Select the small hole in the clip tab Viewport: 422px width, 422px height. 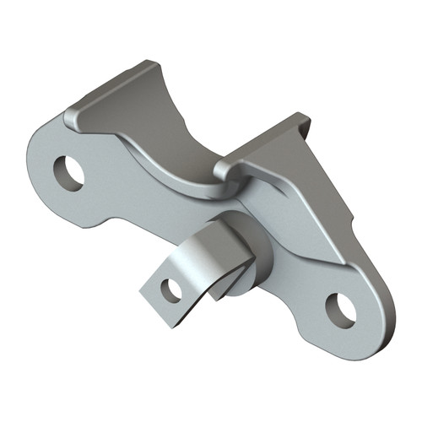171,289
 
